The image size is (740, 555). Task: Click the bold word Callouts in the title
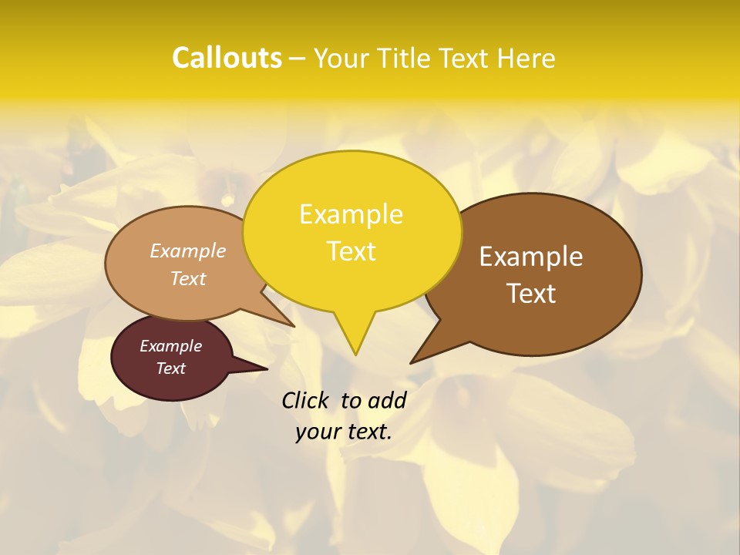tap(227, 58)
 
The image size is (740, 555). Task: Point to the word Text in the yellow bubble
tap(351, 251)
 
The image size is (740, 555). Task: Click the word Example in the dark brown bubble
tap(531, 256)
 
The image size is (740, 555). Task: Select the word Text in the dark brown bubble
tap(531, 293)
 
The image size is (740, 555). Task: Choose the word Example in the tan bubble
tap(188, 251)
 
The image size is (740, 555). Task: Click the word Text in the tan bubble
tap(188, 278)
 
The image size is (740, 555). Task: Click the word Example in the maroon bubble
tap(171, 346)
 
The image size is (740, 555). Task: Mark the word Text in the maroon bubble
tap(171, 368)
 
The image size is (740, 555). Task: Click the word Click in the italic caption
tap(306, 400)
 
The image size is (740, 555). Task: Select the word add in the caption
tap(387, 400)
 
